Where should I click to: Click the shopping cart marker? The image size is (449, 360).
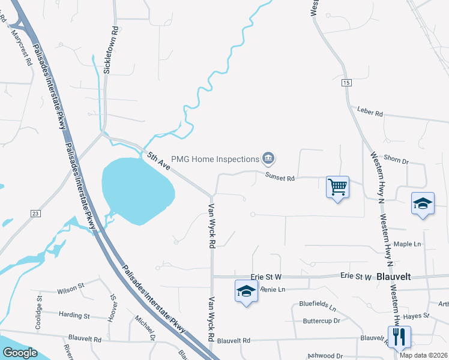point(337,187)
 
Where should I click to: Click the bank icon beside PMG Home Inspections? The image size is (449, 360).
point(268,159)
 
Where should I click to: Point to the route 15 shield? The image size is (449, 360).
point(346,82)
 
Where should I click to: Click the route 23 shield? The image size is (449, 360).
point(36,213)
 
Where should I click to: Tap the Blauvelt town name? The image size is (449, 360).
point(395,277)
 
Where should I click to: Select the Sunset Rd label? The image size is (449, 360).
point(280,178)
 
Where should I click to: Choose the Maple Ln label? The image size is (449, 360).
point(408,244)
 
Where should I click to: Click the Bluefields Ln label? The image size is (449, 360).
point(318,305)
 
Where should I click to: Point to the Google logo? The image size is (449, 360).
point(20,353)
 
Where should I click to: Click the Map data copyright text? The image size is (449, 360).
point(424,355)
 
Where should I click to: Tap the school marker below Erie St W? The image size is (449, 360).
point(245,291)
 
